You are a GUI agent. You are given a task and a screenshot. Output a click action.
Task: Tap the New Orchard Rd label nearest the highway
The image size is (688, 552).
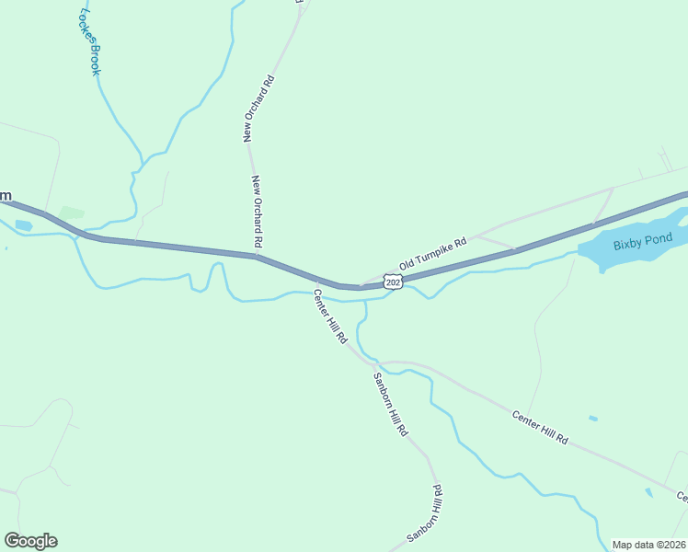click(x=258, y=212)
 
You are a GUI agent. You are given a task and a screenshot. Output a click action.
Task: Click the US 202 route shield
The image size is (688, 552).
click(x=394, y=282)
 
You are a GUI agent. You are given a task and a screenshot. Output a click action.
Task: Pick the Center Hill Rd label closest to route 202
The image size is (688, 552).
click(x=331, y=317)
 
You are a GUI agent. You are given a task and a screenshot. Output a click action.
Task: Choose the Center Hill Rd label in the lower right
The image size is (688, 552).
click(x=541, y=429)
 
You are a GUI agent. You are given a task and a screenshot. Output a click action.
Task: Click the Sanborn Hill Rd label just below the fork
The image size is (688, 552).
click(x=390, y=405)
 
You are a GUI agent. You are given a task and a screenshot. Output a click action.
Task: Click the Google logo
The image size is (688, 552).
click(x=30, y=541)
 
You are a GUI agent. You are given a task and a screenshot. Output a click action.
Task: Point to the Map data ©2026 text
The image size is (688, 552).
click(x=649, y=545)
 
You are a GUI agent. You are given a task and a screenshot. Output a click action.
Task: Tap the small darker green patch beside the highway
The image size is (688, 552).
click(x=72, y=213)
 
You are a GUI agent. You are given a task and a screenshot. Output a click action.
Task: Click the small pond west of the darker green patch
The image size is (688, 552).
click(x=24, y=224)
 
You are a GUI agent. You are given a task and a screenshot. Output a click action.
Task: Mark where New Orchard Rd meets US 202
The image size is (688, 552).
click(x=256, y=256)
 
